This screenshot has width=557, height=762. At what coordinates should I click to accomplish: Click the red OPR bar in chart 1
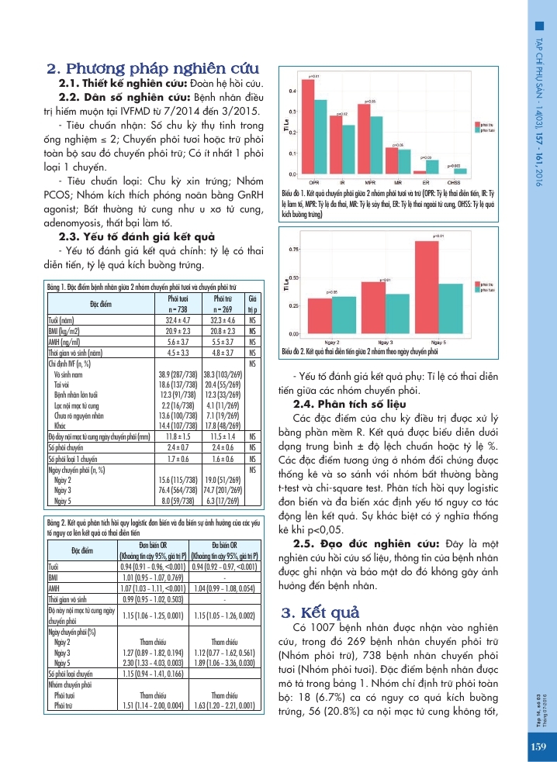(x=308, y=127)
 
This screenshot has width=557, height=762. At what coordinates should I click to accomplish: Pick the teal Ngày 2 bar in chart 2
(x=343, y=315)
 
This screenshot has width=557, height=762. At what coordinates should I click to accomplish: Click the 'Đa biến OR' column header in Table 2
(x=223, y=543)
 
